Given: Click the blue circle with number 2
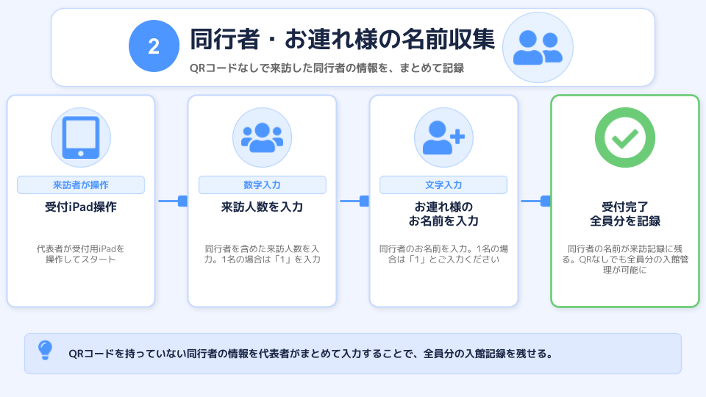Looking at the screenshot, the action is [x=154, y=46].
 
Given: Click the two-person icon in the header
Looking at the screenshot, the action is [x=538, y=47].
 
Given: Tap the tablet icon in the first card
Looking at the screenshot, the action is [x=81, y=137].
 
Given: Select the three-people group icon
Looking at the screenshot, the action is [x=262, y=137].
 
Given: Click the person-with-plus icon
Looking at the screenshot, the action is [x=443, y=137].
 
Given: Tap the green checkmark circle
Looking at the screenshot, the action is [x=625, y=137].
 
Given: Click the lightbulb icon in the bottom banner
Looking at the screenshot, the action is [x=45, y=350].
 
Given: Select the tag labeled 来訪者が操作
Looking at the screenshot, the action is [x=81, y=185].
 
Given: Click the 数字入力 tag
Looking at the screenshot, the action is [x=262, y=185].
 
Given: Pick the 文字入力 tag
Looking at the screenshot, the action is [x=443, y=185].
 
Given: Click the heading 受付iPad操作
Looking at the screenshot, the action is [x=81, y=207].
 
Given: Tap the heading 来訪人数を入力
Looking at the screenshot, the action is [x=262, y=207].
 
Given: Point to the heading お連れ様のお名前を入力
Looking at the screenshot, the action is [x=443, y=214].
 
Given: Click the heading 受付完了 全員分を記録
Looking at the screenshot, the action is [x=625, y=214].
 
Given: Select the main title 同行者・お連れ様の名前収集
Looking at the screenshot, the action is [x=342, y=39].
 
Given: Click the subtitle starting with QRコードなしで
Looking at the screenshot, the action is [x=327, y=68].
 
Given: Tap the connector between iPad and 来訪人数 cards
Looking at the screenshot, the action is [x=173, y=201].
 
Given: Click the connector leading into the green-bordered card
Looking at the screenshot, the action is [x=535, y=201].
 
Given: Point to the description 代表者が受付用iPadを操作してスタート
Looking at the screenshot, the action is [x=81, y=254].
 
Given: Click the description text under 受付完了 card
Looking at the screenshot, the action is [x=625, y=260].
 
